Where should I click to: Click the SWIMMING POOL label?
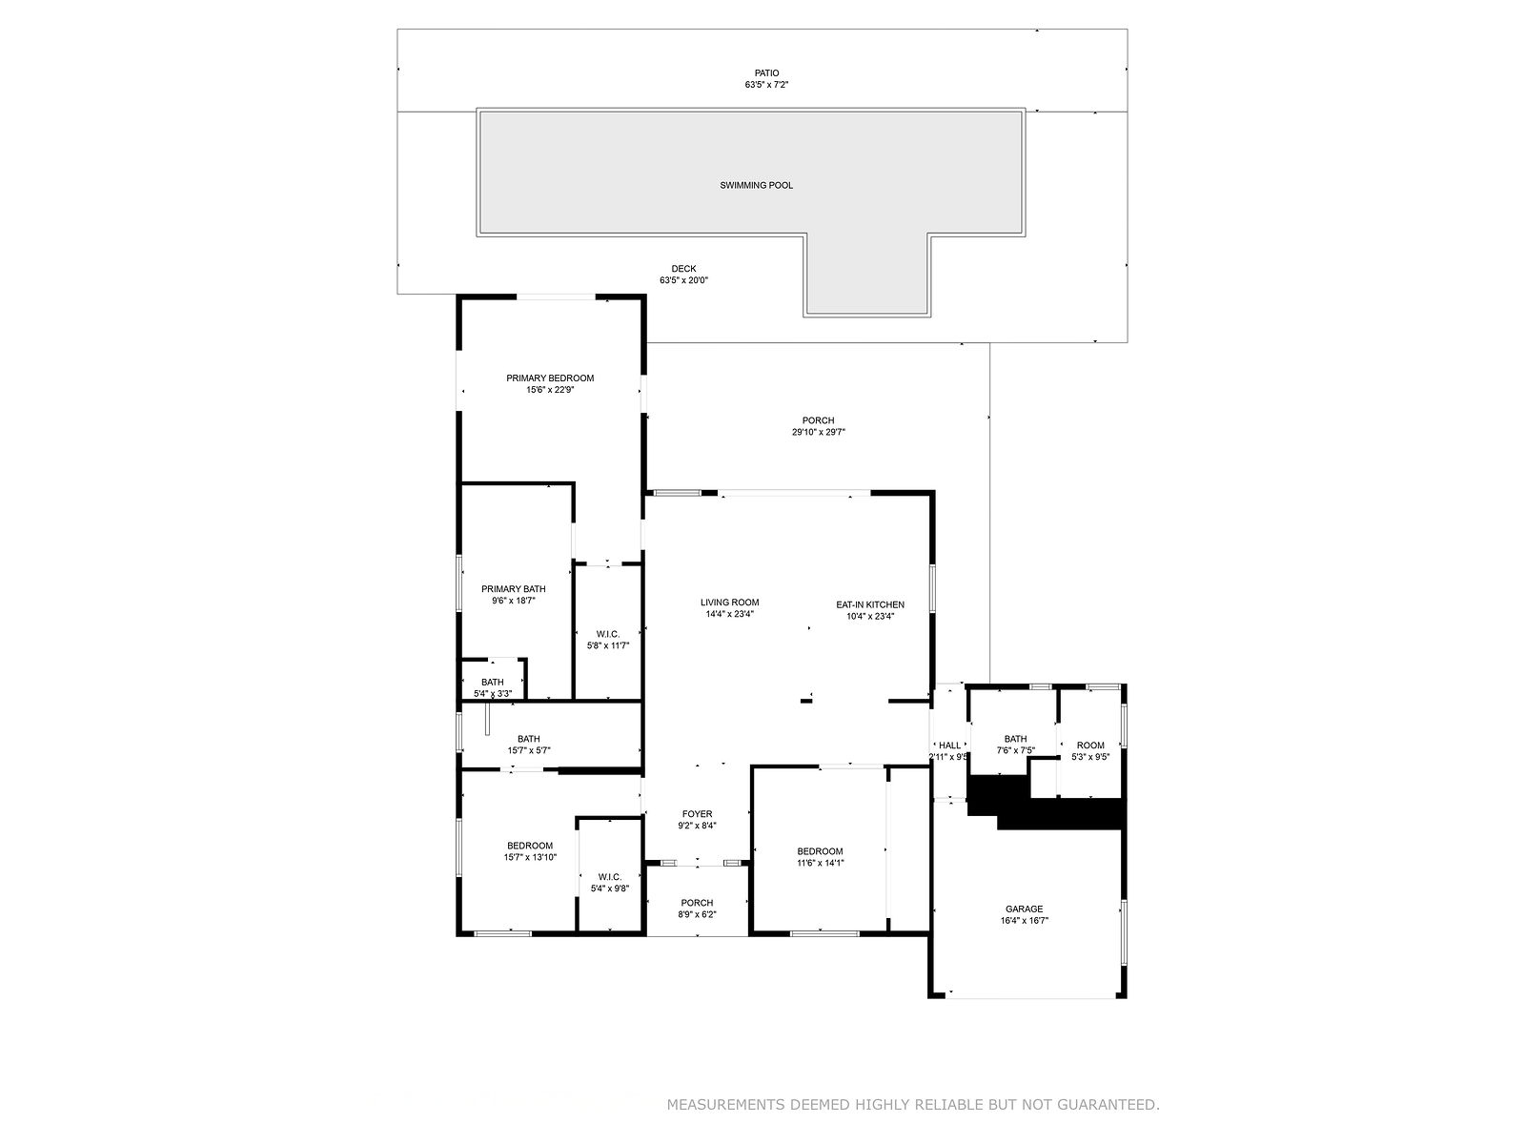(x=756, y=186)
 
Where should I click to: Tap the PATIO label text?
(x=767, y=73)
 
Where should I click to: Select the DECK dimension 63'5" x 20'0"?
(x=683, y=280)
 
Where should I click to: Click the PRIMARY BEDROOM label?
(x=550, y=378)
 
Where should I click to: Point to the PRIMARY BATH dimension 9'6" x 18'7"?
(x=514, y=601)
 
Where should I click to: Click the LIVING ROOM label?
(x=729, y=603)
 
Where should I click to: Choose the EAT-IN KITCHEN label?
(x=870, y=604)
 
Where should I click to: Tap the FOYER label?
(x=697, y=814)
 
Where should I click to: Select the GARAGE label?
(x=1024, y=909)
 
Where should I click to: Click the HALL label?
(x=949, y=746)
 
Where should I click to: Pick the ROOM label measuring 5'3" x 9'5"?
(x=1090, y=746)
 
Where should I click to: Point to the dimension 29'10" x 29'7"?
(x=819, y=432)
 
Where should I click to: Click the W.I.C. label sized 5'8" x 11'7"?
(x=608, y=634)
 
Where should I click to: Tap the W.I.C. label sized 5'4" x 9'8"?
(x=609, y=876)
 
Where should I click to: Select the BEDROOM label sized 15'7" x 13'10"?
(x=529, y=846)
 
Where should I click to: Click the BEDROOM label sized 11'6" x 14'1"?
(x=820, y=851)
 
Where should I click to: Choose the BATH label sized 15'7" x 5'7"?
(x=529, y=739)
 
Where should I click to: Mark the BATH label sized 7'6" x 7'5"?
(x=1015, y=739)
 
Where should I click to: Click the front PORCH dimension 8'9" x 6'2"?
(x=697, y=915)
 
